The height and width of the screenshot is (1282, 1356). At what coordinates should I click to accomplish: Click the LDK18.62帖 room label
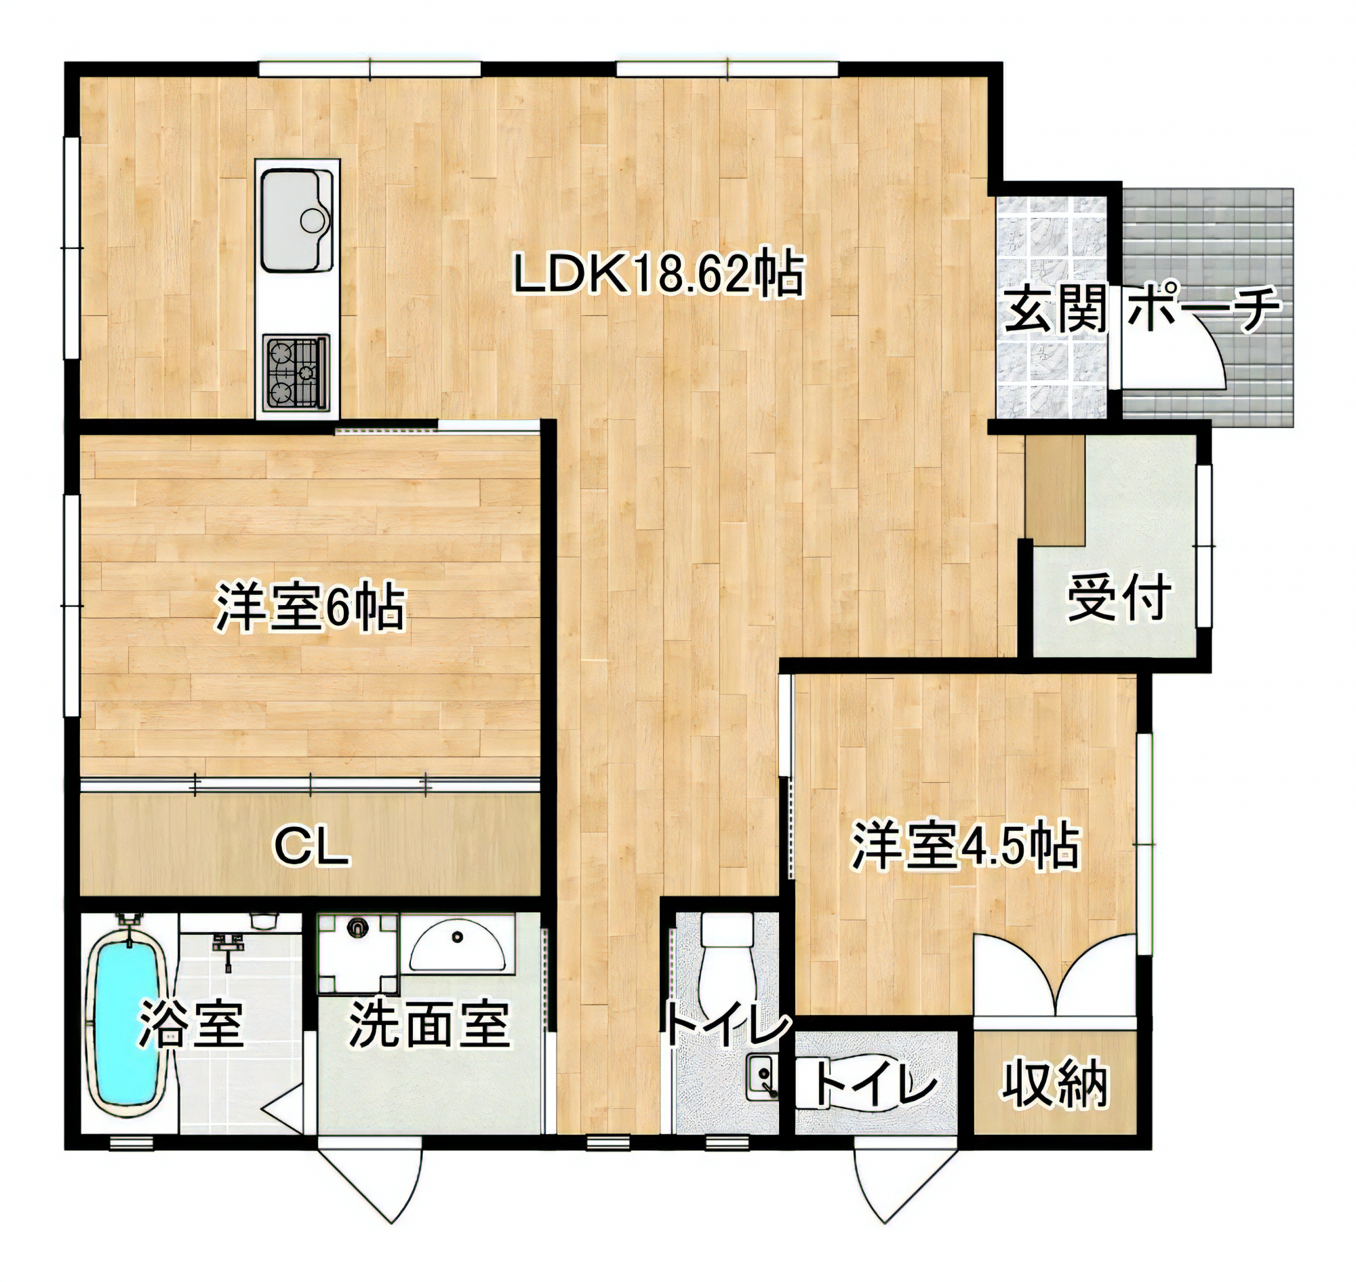pyautogui.click(x=657, y=275)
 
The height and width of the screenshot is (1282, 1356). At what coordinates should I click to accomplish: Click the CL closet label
pyautogui.click(x=311, y=848)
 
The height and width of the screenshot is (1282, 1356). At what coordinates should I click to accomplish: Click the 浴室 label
pyautogui.click(x=191, y=1025)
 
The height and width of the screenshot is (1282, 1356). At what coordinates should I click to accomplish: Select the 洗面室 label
pyautogui.click(x=429, y=1025)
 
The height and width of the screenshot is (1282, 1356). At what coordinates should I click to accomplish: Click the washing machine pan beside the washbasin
pyautogui.click(x=357, y=951)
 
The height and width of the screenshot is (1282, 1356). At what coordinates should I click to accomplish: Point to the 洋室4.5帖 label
pyautogui.click(x=965, y=847)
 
